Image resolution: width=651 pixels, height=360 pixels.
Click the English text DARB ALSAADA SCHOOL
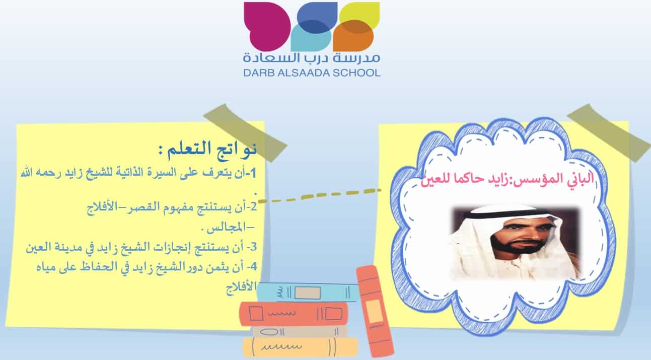click(x=312, y=73)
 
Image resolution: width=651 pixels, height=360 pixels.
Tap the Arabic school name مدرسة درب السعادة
click(x=312, y=57)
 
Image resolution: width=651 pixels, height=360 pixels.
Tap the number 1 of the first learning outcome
click(x=253, y=173)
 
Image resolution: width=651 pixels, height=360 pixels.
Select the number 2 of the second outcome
click(x=253, y=207)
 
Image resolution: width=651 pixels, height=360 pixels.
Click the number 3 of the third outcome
click(x=253, y=247)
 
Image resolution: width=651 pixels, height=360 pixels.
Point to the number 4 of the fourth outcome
click(x=254, y=266)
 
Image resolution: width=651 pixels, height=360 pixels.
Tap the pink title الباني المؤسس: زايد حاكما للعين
click(x=507, y=178)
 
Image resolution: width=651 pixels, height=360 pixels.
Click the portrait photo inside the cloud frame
click(x=515, y=243)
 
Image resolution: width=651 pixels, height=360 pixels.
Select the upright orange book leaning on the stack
click(x=375, y=311)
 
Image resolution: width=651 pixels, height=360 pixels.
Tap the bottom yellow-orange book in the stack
click(x=300, y=347)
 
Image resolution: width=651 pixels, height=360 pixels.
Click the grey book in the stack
click(x=300, y=331)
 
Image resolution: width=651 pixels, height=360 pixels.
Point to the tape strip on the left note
click(x=246, y=132)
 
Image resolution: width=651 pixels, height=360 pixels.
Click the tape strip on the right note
click(x=609, y=132)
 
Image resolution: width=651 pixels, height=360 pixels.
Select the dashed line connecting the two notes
click(x=320, y=195)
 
